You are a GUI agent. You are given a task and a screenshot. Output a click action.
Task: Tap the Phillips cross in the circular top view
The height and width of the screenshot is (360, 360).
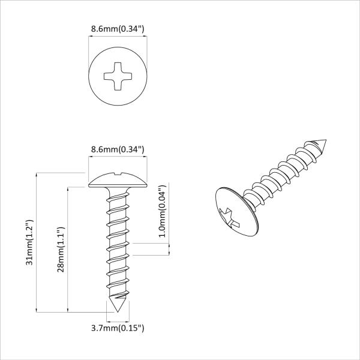[118, 77]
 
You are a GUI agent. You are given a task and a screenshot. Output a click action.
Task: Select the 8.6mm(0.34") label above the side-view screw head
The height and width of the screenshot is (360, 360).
[118, 149]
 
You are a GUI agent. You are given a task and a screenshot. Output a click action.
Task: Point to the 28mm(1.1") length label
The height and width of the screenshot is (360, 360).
[59, 249]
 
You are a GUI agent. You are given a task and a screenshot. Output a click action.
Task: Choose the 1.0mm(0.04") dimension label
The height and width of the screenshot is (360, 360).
[162, 211]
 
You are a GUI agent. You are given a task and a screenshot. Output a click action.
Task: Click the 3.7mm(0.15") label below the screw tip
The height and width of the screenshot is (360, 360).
[118, 328]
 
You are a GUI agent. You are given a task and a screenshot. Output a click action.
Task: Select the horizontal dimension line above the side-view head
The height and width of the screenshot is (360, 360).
[118, 158]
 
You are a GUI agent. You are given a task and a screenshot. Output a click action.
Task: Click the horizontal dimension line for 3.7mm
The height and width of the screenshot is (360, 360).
[118, 319]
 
